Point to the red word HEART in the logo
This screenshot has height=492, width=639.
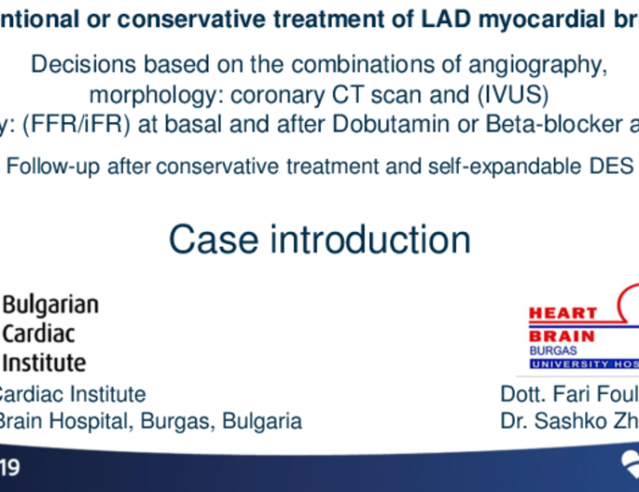(x=562, y=314)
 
